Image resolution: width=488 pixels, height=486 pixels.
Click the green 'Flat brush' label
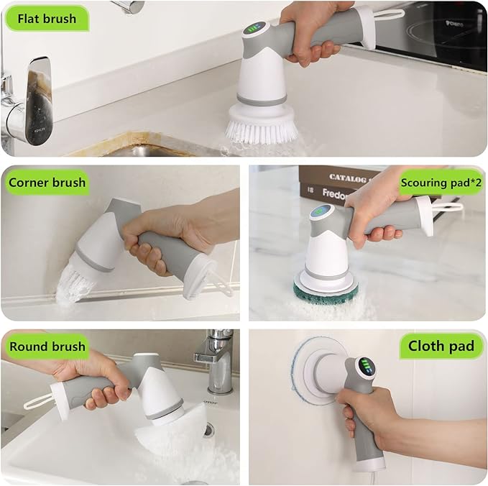(x=47, y=19)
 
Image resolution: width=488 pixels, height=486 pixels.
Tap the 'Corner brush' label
(x=47, y=183)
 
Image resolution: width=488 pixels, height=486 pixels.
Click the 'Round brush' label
(x=47, y=347)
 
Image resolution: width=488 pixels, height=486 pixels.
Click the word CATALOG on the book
(x=351, y=176)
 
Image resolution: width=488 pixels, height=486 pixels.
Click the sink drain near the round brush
(x=208, y=429)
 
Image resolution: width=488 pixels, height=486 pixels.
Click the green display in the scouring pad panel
(x=321, y=214)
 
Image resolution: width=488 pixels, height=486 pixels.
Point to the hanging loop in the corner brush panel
(x=219, y=288)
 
